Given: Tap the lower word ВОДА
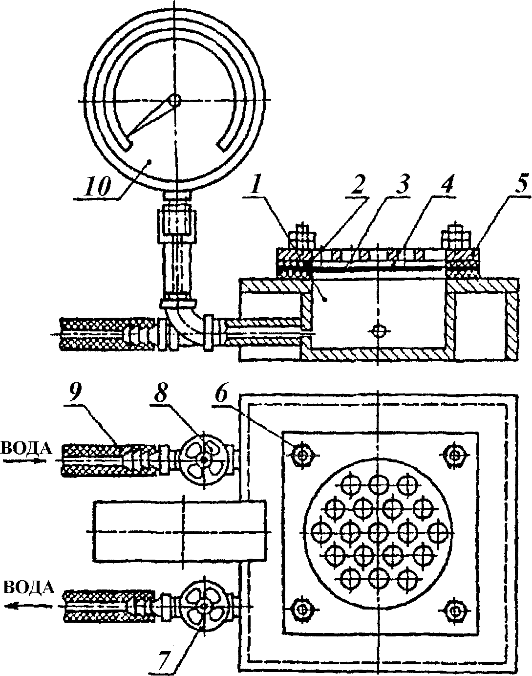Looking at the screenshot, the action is click(28, 587).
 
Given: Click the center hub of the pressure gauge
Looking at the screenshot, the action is click(174, 101).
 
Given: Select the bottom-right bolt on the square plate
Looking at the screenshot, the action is click(455, 609).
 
